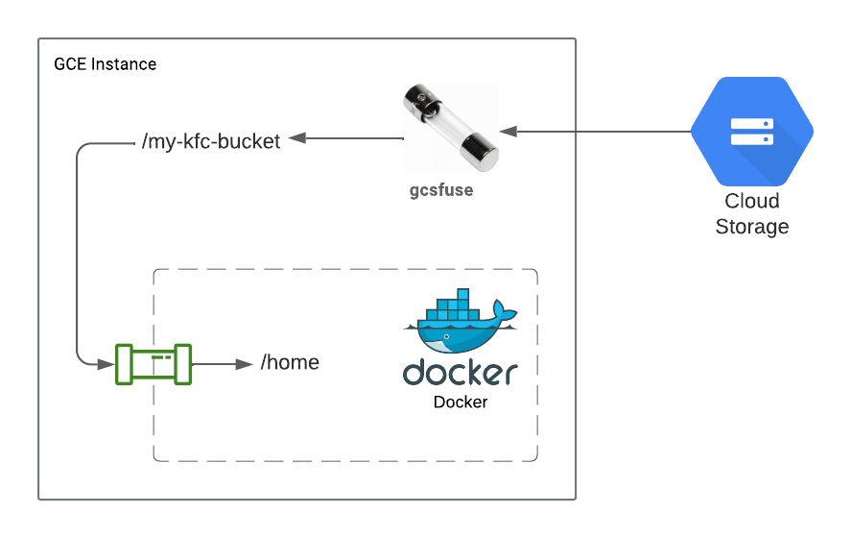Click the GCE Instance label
[x=105, y=64]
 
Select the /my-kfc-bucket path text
[x=210, y=142]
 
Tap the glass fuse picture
[x=450, y=127]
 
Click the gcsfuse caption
[x=441, y=190]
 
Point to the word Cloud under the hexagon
[x=751, y=202]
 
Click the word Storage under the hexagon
[x=751, y=228]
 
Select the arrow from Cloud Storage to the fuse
[x=595, y=130]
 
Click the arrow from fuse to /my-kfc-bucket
[x=345, y=138]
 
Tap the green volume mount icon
[x=154, y=364]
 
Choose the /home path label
[x=290, y=363]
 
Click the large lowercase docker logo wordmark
[x=460, y=373]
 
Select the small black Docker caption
[x=460, y=403]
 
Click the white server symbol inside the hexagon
[x=751, y=132]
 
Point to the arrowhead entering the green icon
[x=107, y=364]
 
